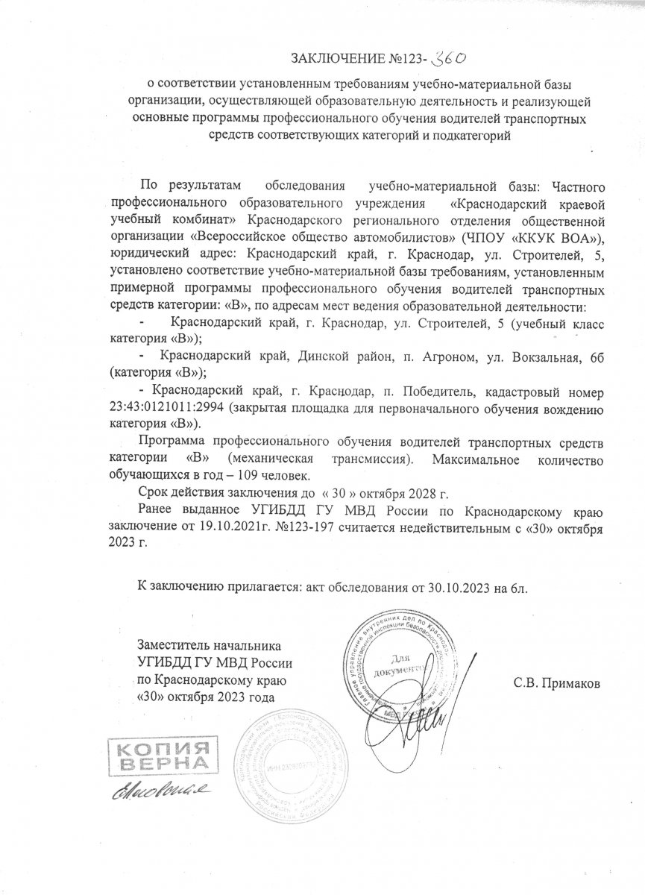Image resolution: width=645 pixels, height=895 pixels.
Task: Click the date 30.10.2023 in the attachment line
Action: [463, 587]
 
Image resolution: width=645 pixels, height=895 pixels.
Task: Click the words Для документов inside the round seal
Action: [404, 662]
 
